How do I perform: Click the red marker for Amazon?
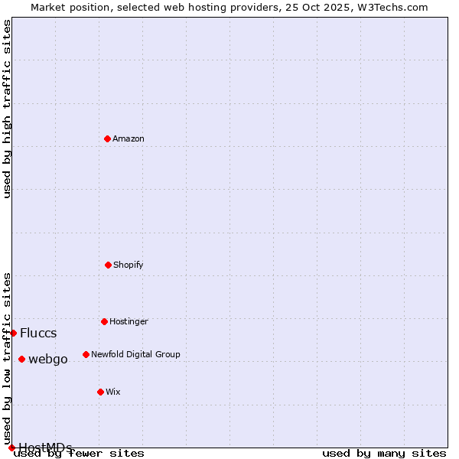pos(107,138)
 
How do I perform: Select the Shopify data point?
pos(108,265)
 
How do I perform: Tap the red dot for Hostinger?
pos(104,321)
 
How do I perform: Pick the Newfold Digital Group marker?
pos(86,354)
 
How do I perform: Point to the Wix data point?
pos(100,392)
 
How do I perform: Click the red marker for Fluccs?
pos(13,333)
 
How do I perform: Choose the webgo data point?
pos(21,359)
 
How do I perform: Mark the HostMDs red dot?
pos(11,448)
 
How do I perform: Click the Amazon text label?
pos(129,138)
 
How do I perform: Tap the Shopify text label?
pos(129,265)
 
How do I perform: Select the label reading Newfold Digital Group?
pos(135,354)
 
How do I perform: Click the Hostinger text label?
pos(129,321)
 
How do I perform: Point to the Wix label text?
pos(113,392)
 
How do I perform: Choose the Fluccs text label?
pos(38,333)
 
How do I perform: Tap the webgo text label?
pos(48,359)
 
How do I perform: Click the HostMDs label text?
pos(45,448)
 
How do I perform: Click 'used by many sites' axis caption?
pos(384,453)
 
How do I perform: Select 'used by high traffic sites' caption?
pos(7,109)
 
